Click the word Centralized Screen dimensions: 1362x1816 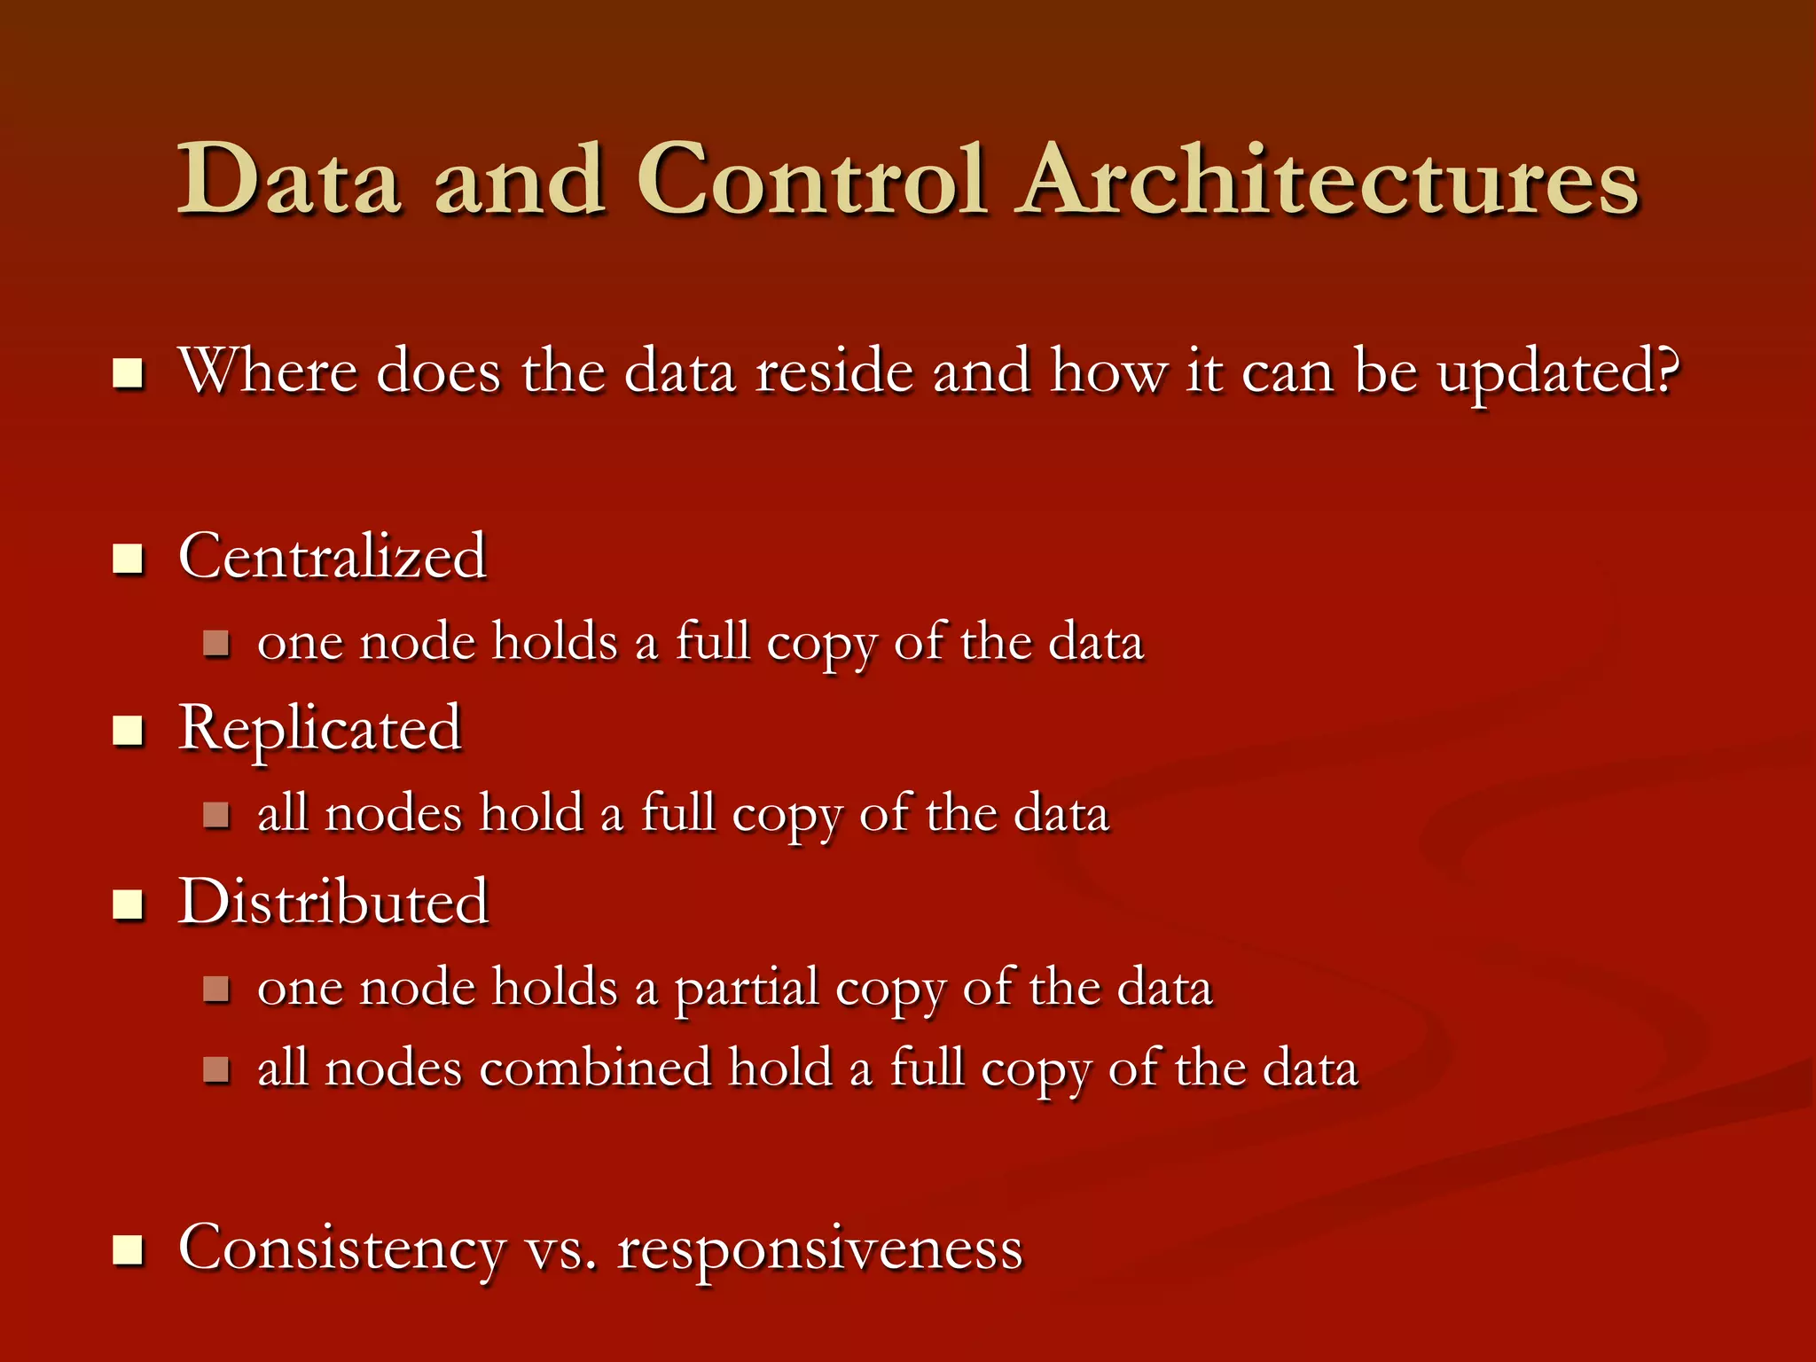coord(333,557)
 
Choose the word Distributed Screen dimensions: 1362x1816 coord(333,902)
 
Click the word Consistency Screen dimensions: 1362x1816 coord(342,1249)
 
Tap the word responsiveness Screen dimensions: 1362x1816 coord(820,1249)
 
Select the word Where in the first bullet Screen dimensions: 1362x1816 coord(268,371)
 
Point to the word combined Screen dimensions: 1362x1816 coord(595,1068)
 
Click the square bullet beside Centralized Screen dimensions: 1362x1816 coord(129,560)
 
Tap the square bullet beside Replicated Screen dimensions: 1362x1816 coord(129,732)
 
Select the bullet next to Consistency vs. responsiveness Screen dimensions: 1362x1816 coord(129,1250)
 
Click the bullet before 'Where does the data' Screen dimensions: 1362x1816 coord(129,373)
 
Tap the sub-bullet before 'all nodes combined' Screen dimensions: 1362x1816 coord(216,1069)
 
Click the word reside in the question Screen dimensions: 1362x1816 coord(834,371)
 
